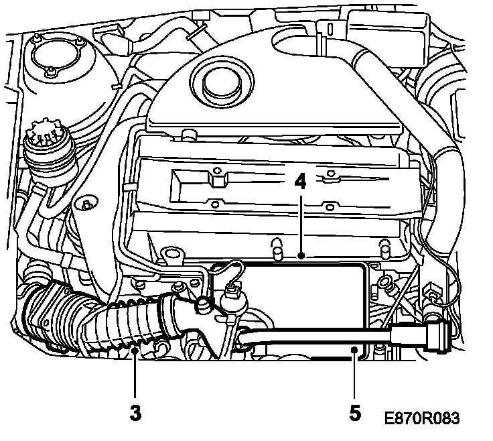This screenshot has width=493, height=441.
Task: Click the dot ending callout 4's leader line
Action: [302, 255]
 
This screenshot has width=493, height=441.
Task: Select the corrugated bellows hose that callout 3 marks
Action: [127, 328]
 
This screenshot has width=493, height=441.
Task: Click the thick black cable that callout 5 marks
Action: [315, 335]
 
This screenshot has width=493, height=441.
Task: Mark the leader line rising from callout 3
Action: [136, 375]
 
